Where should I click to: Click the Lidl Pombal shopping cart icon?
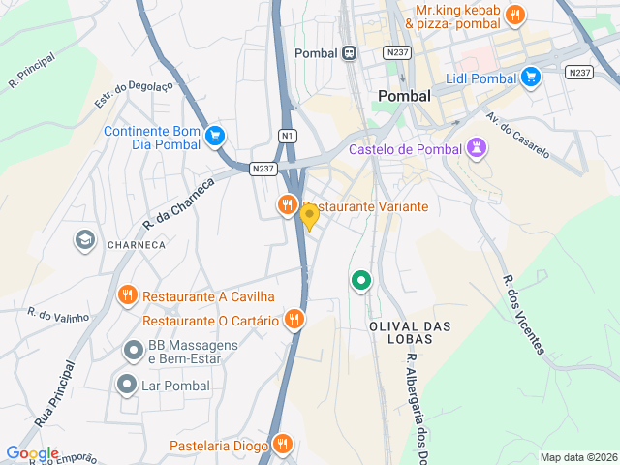point(530,77)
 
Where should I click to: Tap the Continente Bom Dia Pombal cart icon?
point(216,137)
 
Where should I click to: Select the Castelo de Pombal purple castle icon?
point(476,149)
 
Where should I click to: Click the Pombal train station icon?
point(348,52)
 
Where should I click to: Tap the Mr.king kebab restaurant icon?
point(514,15)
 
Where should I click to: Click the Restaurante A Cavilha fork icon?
point(127,295)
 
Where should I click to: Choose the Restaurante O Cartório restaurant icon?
point(294,319)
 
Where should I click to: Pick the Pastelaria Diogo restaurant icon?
point(282,445)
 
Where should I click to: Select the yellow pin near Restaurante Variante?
point(310,216)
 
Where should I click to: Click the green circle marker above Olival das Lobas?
point(361,281)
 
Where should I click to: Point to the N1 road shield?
point(287,136)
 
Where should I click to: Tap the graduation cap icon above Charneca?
point(85,238)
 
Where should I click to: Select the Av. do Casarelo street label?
point(517,136)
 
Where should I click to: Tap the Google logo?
point(32,453)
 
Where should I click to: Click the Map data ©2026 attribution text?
point(577,457)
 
